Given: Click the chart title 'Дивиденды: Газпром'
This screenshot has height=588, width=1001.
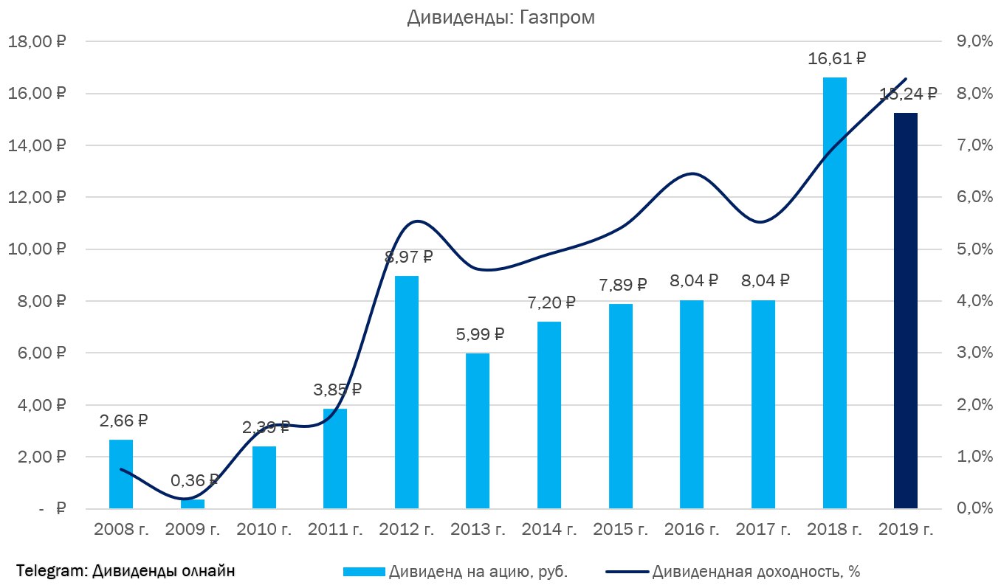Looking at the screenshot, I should [500, 18].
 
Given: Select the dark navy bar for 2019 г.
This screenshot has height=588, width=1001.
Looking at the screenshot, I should [905, 310].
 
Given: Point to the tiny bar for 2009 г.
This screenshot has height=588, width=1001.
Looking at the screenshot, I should [193, 504].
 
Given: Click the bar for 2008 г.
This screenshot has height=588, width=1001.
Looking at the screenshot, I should [121, 474].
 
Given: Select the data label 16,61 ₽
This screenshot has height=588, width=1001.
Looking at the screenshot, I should [836, 59].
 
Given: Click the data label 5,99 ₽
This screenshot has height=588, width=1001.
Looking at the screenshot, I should [479, 334].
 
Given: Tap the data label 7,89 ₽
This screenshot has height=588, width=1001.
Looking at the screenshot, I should [622, 285].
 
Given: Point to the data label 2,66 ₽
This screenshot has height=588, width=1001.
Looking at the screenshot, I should [123, 421].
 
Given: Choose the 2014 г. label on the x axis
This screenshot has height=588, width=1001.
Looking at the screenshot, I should [550, 529].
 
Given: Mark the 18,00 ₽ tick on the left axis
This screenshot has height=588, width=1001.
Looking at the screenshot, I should [36, 42].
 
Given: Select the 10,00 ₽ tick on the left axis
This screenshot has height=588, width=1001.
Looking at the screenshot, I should [36, 249].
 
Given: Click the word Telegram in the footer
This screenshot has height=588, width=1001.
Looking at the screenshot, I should [50, 571].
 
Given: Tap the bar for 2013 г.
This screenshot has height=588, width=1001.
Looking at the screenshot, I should [477, 431].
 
